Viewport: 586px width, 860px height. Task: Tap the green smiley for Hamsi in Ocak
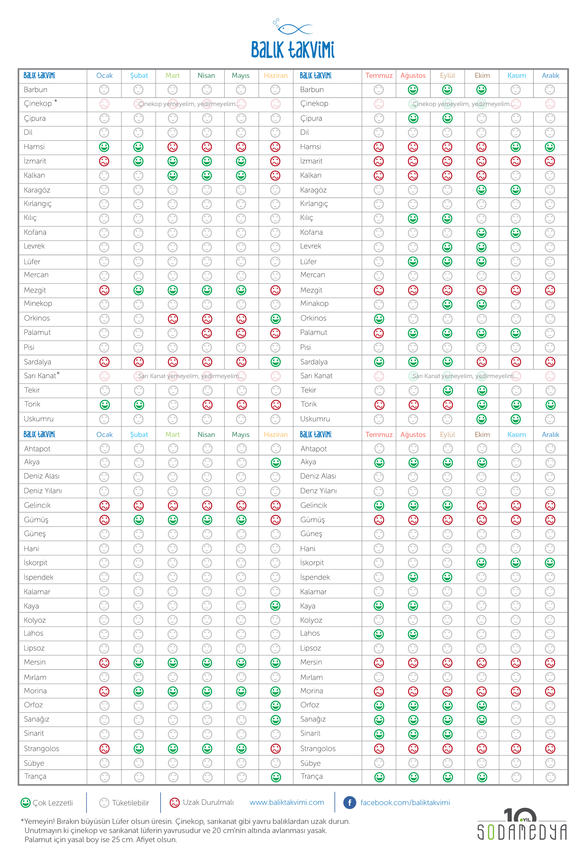104,147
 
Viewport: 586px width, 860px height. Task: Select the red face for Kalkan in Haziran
275,175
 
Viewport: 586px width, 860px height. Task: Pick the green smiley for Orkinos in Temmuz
379,318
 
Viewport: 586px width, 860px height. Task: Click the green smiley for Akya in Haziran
276,462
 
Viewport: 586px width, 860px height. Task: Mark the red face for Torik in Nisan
207,405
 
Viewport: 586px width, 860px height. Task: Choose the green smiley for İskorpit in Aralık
550,563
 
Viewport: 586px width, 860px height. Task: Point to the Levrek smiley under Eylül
447,247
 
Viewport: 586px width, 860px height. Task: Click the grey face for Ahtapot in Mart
173,448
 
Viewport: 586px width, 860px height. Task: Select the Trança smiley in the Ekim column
482,777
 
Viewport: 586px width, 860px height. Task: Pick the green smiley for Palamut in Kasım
516,333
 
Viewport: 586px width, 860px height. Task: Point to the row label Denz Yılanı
318,491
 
